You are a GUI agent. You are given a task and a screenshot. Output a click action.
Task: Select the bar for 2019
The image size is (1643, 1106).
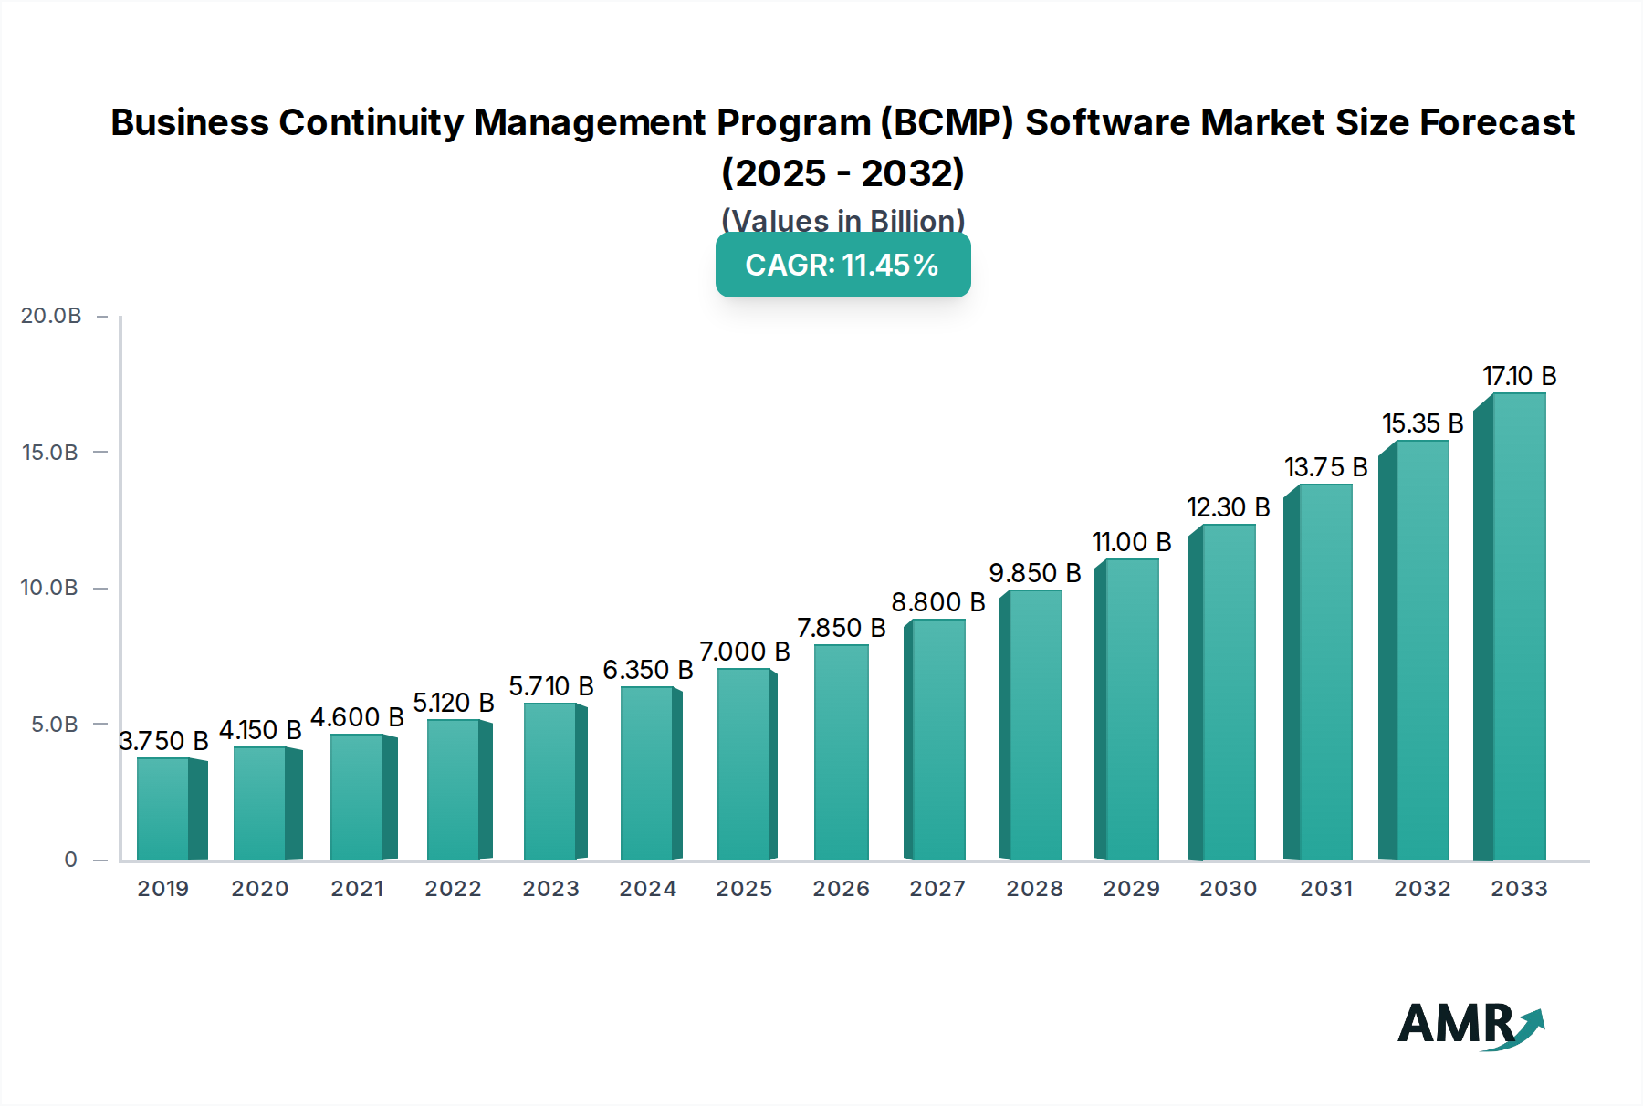click(164, 809)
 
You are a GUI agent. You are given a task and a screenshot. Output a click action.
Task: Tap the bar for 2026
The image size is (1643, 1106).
click(841, 752)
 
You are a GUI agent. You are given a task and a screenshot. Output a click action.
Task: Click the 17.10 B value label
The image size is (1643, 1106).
click(1519, 376)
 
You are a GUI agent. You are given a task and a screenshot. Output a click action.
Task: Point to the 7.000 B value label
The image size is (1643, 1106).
click(744, 652)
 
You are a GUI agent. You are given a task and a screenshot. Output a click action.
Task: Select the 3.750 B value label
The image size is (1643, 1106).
click(163, 741)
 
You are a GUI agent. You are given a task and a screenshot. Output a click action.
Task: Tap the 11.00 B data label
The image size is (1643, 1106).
click(1131, 542)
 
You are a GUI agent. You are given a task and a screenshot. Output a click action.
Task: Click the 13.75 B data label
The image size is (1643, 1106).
click(1325, 467)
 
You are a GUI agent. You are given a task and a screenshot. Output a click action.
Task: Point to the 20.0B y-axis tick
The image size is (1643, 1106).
click(51, 316)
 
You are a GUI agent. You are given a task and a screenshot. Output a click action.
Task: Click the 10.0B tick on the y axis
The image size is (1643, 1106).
click(49, 588)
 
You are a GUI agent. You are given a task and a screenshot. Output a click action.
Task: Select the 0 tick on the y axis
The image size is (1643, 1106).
click(70, 860)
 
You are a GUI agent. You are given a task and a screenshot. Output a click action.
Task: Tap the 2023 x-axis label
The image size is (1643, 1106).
click(550, 889)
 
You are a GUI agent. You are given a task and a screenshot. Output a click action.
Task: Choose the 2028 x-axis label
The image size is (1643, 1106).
click(1034, 889)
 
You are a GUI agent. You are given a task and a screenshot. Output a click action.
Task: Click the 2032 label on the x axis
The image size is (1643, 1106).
click(1422, 889)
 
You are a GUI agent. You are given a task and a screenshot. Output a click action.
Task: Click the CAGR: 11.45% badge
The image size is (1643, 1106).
click(842, 266)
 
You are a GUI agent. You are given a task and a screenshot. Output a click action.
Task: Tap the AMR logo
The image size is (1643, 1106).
click(1469, 1025)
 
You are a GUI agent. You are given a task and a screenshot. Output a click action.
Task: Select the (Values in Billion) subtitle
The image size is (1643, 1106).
click(842, 220)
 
